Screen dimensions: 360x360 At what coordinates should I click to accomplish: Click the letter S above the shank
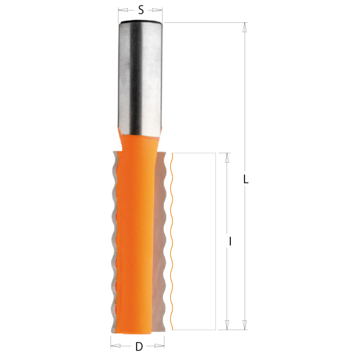point(141,9)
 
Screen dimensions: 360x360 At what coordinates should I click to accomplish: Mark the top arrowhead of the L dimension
point(245,28)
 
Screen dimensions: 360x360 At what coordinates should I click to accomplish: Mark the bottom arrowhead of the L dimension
point(245,324)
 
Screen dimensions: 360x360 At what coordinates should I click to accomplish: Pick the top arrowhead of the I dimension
point(227,158)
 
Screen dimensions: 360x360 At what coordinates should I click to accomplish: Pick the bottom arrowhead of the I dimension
point(227,324)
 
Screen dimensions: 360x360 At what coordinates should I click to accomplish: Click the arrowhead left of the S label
point(122,10)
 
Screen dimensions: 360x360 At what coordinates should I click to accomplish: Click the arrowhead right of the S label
point(161,10)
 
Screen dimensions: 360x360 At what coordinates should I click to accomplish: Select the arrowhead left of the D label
point(115,346)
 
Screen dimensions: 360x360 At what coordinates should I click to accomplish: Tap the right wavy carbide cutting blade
point(164,242)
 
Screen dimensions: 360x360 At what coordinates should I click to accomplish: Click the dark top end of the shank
point(141,23)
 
